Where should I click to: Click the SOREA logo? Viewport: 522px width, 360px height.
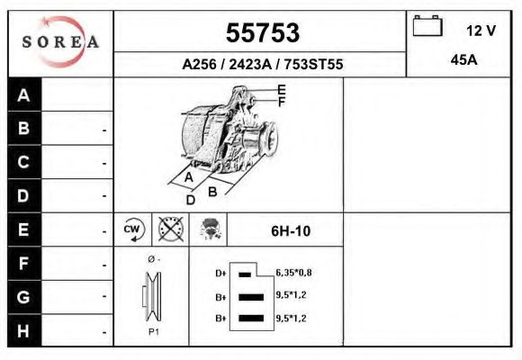(60, 43)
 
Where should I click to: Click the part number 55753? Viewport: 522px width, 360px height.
(261, 33)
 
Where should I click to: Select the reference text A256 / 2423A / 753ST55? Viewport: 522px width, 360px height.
(261, 64)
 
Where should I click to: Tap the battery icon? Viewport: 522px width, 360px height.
(427, 27)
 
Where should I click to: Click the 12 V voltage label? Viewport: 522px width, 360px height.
(481, 31)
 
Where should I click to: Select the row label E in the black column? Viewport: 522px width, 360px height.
(24, 229)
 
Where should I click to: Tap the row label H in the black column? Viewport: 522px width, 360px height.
(24, 329)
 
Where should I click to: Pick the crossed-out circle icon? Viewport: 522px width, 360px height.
(170, 229)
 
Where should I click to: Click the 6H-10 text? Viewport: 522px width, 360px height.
(291, 230)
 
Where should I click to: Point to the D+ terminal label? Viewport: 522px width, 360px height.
(220, 273)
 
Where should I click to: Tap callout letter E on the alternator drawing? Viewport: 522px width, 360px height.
(281, 89)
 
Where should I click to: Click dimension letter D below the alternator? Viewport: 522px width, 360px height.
(190, 199)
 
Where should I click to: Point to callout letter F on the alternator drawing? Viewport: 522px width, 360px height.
(281, 102)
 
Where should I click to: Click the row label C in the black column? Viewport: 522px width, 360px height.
(24, 163)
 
